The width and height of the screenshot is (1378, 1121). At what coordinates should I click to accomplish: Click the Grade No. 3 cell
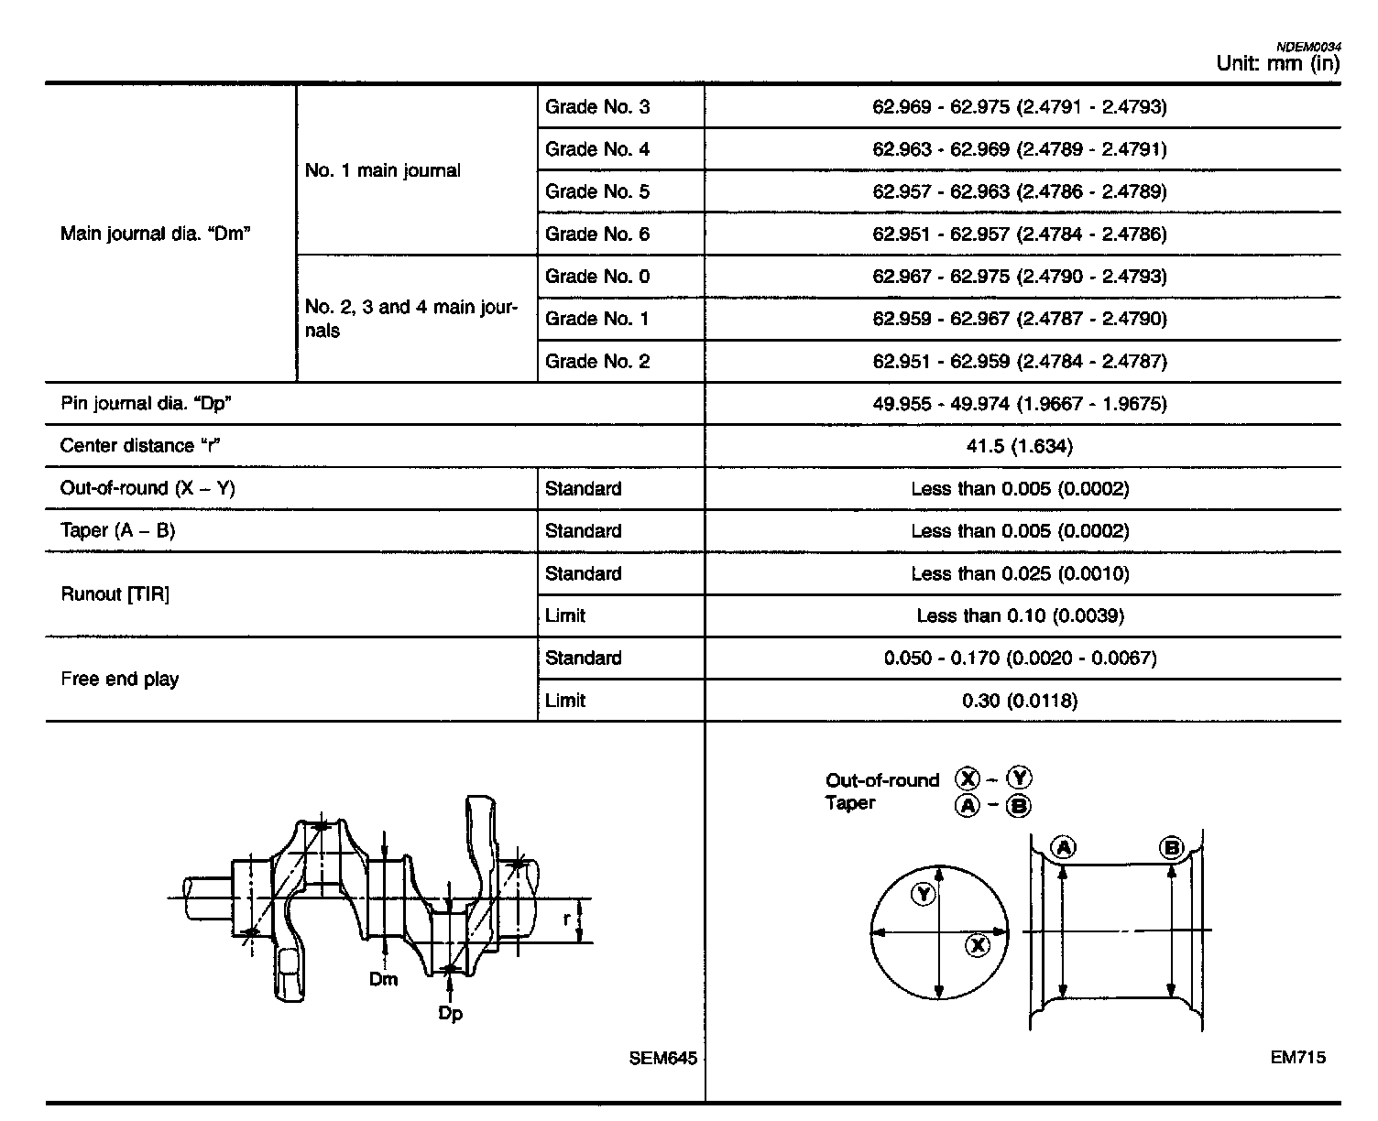pyautogui.click(x=597, y=107)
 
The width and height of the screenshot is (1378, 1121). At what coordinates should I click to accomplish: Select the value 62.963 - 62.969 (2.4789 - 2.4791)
pyautogui.click(x=1020, y=149)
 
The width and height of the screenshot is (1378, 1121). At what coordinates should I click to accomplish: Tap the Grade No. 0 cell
pyautogui.click(x=597, y=277)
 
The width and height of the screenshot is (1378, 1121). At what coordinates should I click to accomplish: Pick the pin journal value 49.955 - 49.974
pyautogui.click(x=1020, y=404)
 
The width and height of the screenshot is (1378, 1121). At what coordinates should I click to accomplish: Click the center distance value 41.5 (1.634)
pyautogui.click(x=1020, y=446)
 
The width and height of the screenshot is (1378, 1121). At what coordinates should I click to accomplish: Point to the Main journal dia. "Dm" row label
pyautogui.click(x=156, y=234)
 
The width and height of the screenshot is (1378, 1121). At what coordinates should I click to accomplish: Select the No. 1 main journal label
pyautogui.click(x=383, y=170)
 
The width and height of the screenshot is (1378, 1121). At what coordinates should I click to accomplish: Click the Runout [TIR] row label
pyautogui.click(x=115, y=594)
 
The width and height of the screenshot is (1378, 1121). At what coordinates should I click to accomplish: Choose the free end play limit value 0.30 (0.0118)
pyautogui.click(x=1020, y=701)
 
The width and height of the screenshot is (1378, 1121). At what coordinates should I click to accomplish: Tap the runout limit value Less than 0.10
pyautogui.click(x=1020, y=615)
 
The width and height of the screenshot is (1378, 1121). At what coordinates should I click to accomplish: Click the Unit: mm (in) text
pyautogui.click(x=1277, y=63)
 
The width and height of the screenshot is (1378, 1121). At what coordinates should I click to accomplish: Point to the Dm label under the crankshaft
pyautogui.click(x=384, y=980)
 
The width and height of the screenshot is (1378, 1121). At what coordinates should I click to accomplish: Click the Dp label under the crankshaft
pyautogui.click(x=450, y=1014)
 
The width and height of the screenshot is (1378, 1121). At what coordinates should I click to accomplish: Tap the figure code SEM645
pyautogui.click(x=663, y=1059)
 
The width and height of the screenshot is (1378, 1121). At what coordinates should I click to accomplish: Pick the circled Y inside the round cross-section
pyautogui.click(x=924, y=895)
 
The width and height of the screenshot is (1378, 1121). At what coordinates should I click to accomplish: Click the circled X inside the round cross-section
pyautogui.click(x=978, y=945)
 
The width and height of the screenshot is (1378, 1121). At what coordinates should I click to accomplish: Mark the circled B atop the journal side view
pyautogui.click(x=1171, y=847)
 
